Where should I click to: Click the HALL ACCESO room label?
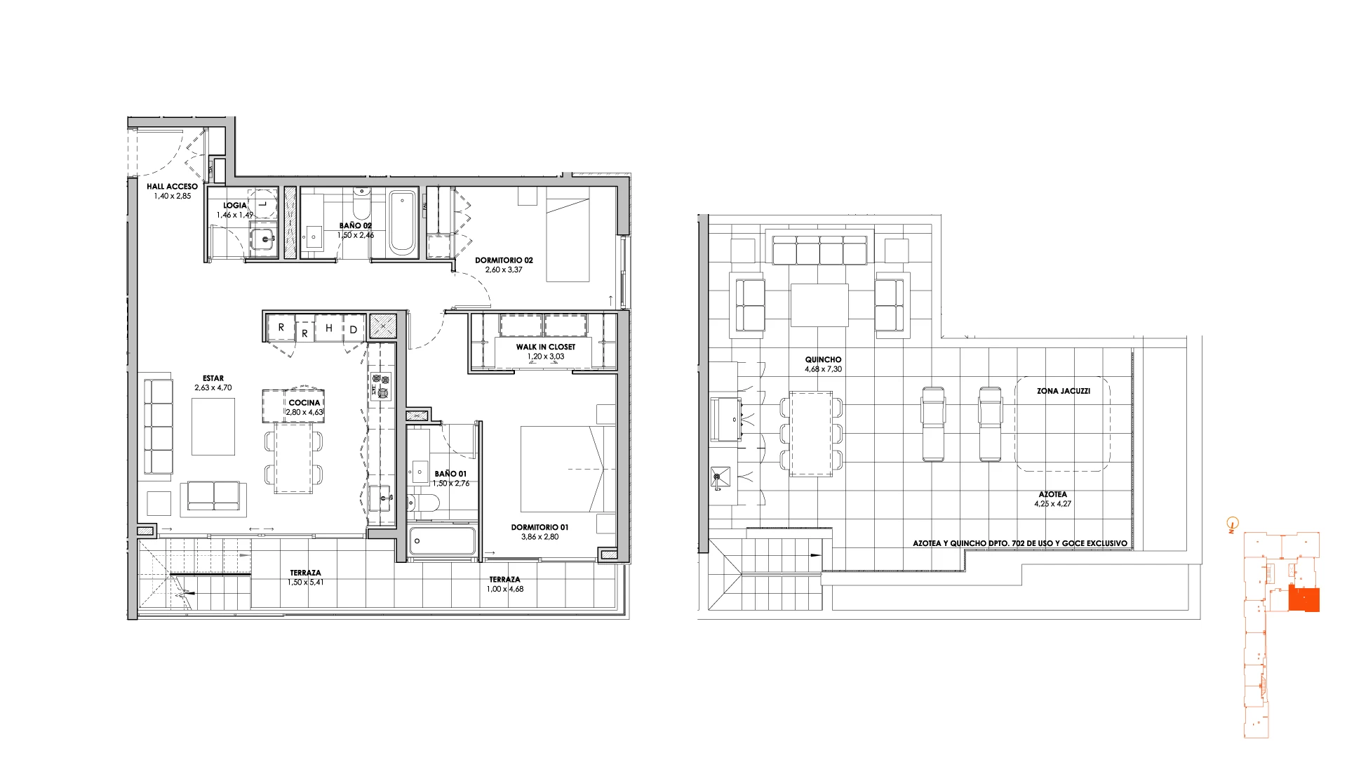click(172, 187)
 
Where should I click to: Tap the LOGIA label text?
click(235, 206)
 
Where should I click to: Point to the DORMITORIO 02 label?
click(504, 260)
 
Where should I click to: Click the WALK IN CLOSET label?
click(545, 347)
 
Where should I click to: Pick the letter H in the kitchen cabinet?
click(328, 328)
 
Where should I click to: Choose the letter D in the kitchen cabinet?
click(354, 330)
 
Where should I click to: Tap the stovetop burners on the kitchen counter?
click(380, 387)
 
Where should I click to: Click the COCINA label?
click(304, 403)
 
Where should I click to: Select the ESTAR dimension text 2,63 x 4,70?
click(213, 387)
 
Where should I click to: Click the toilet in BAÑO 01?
click(423, 503)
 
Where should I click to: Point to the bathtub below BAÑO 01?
click(442, 540)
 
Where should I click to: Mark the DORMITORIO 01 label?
click(540, 527)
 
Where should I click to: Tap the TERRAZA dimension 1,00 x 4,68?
click(505, 589)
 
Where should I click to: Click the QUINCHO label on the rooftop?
click(823, 359)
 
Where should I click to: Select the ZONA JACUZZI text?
click(1064, 391)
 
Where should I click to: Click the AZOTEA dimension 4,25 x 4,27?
click(1052, 504)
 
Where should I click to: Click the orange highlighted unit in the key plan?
click(1304, 600)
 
